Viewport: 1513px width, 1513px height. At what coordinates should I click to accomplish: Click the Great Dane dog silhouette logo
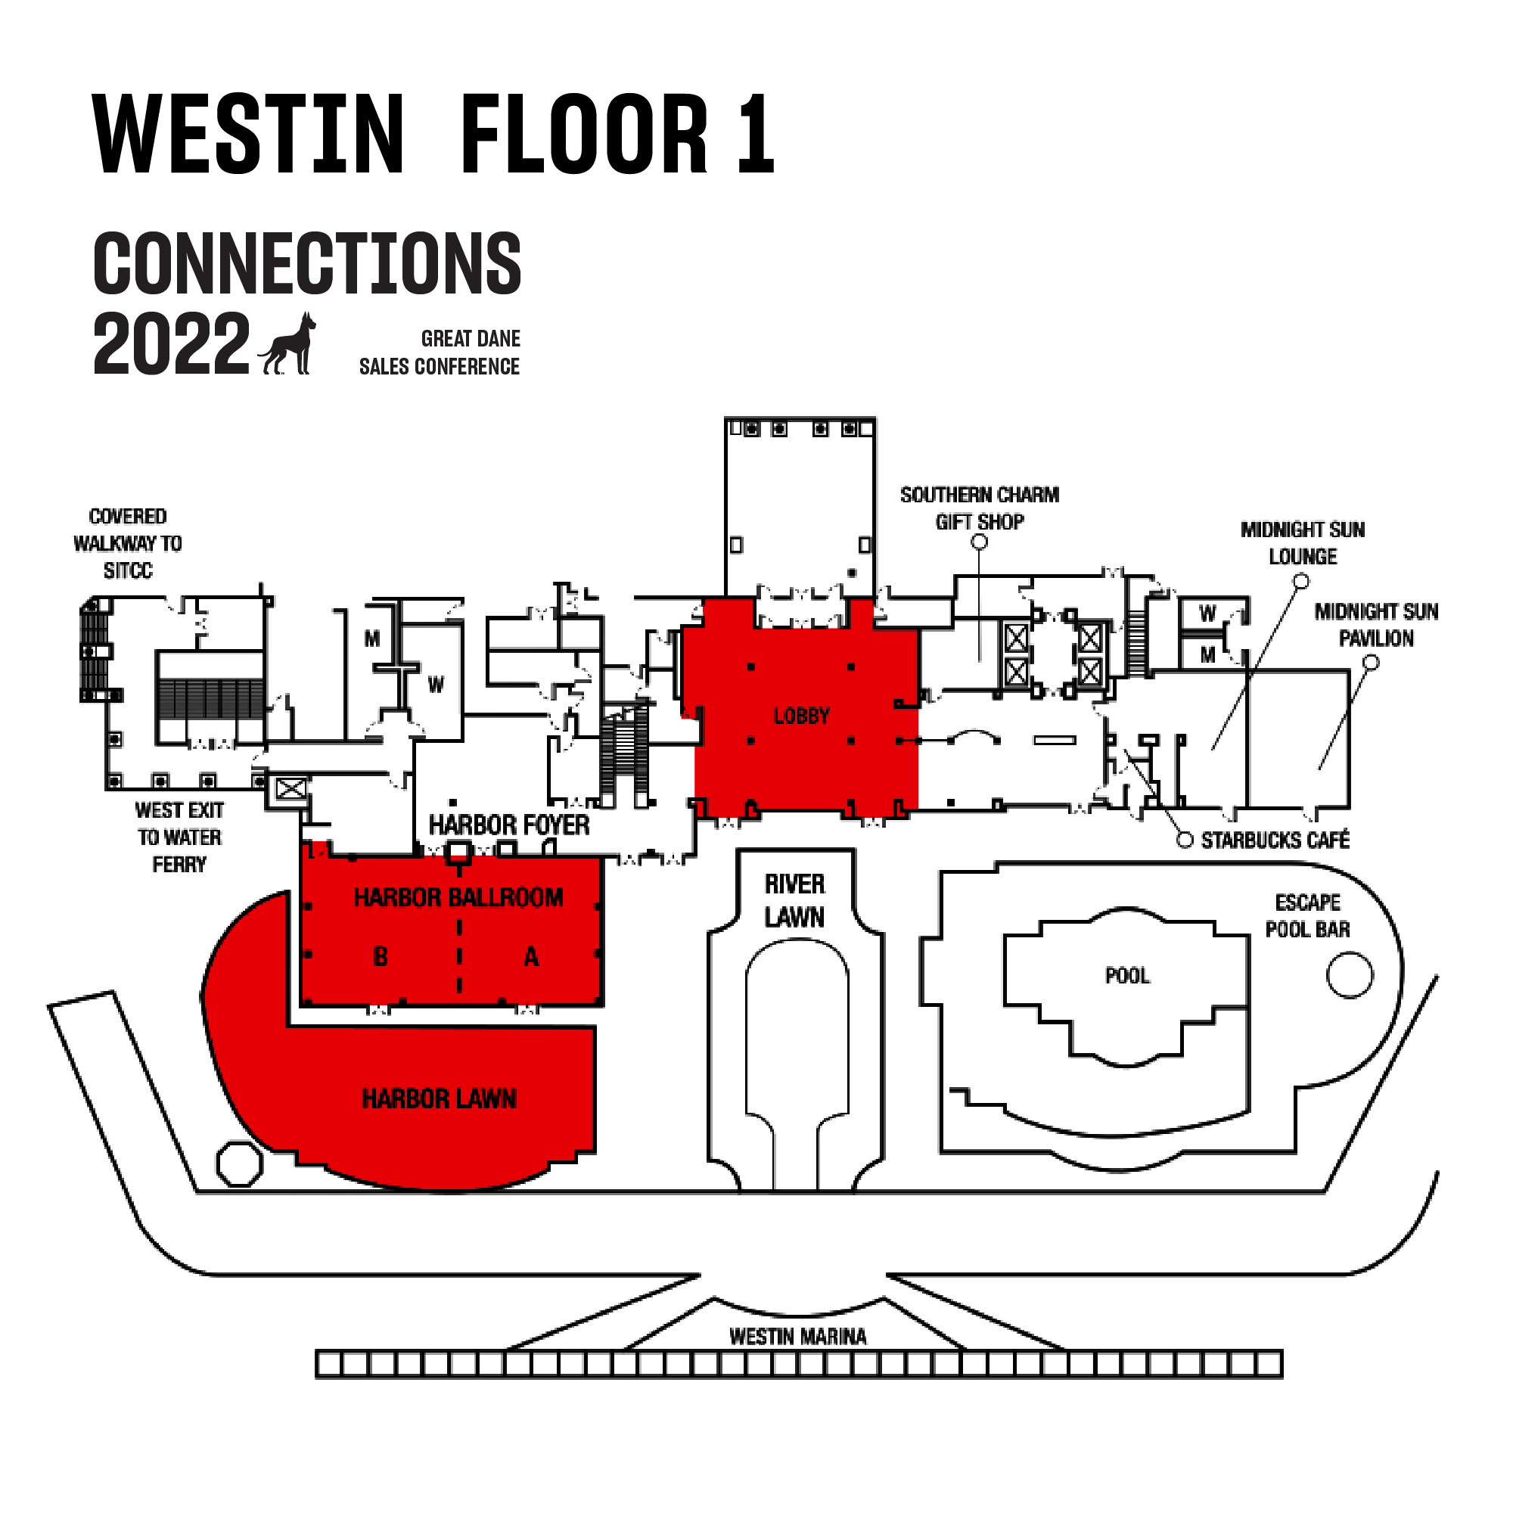(x=288, y=344)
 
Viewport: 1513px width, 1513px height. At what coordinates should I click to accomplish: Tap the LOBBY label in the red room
(x=801, y=716)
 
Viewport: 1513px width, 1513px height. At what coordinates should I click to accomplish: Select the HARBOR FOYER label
(x=509, y=825)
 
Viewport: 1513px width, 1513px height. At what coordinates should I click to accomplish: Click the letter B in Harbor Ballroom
(x=381, y=957)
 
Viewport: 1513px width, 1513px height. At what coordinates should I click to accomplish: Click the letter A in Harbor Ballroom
(x=531, y=957)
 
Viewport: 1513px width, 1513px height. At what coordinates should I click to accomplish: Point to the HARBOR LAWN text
(x=439, y=1098)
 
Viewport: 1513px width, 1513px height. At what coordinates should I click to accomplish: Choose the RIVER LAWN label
(x=795, y=900)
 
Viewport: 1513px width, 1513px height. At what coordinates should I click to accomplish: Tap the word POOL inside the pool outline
(x=1127, y=976)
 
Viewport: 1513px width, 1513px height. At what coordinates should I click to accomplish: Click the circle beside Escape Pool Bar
(x=1350, y=975)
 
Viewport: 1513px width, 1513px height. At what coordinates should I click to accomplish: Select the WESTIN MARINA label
(x=797, y=1336)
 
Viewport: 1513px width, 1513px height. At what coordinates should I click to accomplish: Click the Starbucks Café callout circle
(x=1185, y=840)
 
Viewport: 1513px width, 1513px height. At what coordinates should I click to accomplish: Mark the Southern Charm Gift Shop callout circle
(x=979, y=542)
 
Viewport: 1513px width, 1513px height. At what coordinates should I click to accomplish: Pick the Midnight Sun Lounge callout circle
(x=1300, y=581)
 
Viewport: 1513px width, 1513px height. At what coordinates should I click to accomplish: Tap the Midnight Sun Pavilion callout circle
(x=1371, y=663)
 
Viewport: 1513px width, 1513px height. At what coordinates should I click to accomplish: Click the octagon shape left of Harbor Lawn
(x=239, y=1163)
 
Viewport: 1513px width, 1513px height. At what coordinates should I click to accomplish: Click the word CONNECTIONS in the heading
(x=307, y=263)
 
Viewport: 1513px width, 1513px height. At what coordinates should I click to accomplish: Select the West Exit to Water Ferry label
(x=179, y=837)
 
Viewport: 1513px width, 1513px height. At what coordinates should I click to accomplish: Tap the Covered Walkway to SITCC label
(x=128, y=542)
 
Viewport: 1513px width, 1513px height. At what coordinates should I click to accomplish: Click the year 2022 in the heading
(x=171, y=344)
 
